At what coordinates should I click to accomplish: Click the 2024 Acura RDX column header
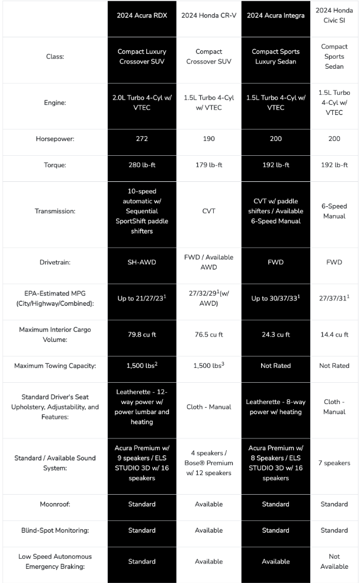click(142, 15)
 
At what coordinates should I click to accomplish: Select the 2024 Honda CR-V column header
click(208, 15)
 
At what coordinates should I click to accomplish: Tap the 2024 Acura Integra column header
click(275, 15)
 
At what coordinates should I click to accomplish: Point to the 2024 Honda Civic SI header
click(334, 15)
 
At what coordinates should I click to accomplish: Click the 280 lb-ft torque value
click(142, 165)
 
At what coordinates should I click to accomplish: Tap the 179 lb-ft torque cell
click(208, 165)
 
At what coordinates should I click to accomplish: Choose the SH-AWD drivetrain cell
click(142, 262)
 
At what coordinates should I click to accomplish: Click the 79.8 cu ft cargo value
click(142, 335)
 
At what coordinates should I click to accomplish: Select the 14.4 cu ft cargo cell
click(334, 335)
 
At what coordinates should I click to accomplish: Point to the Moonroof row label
click(56, 504)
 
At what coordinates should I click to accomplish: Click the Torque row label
click(56, 165)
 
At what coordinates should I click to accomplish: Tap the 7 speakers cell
click(334, 463)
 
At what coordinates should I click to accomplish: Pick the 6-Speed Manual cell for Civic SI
click(334, 212)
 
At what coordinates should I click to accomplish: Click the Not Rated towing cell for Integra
click(275, 366)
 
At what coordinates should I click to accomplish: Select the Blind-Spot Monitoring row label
click(56, 530)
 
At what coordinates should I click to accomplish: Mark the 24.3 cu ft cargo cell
click(275, 335)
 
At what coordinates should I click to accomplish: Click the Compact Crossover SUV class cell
click(208, 56)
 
